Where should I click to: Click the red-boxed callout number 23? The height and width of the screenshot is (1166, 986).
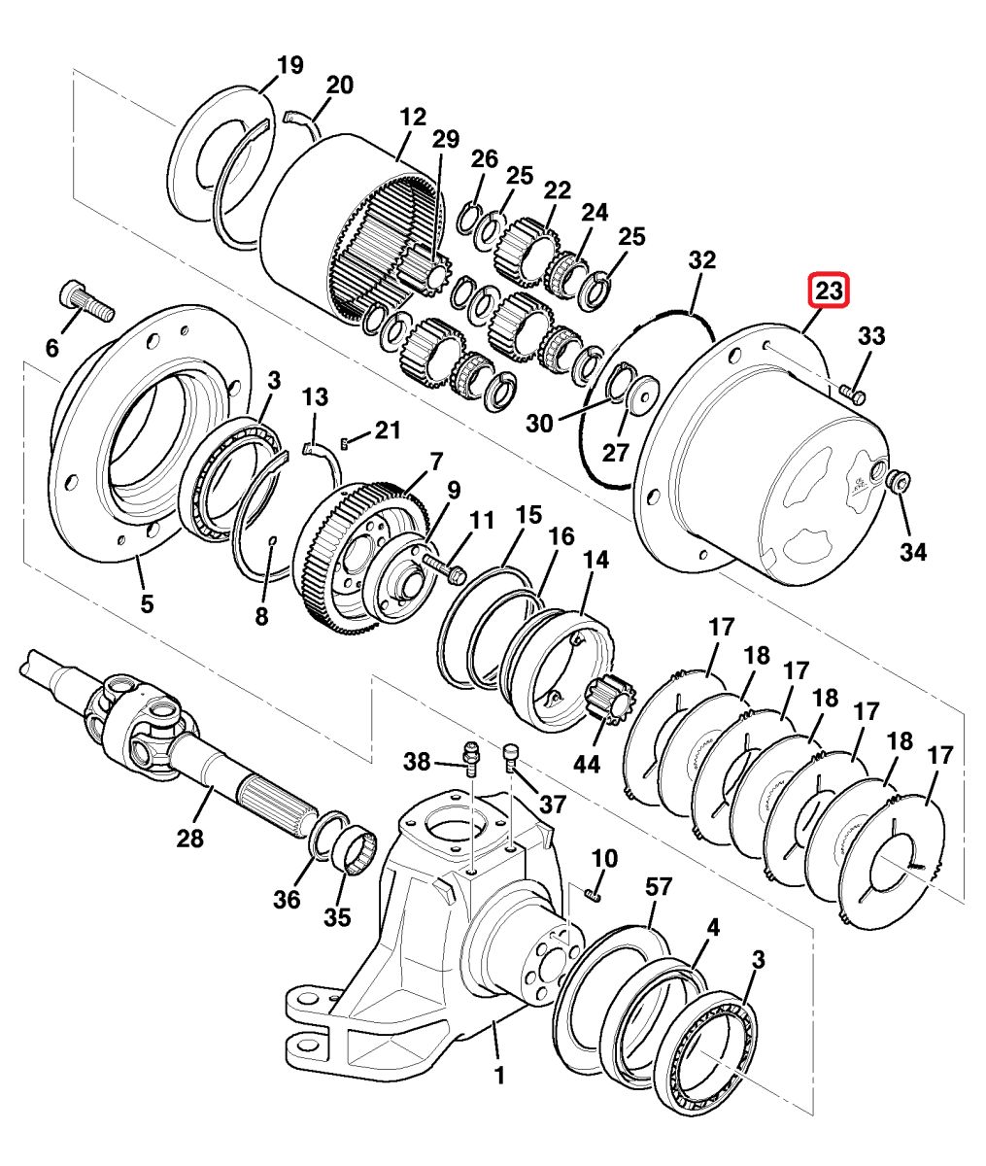[829, 291]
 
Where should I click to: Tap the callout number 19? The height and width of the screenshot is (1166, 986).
[289, 65]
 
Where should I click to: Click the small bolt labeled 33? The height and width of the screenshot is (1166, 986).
[852, 394]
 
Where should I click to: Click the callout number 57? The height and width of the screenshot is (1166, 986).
[659, 887]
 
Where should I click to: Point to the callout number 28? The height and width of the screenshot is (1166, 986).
[189, 839]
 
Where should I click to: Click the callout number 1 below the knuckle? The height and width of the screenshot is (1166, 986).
[498, 1076]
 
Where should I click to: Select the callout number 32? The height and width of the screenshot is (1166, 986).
[701, 260]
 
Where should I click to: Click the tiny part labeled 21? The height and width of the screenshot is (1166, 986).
[345, 444]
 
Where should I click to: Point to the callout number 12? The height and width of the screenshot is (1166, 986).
[413, 118]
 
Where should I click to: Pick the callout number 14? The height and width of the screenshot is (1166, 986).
[596, 560]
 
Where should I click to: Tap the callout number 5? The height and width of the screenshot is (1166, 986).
[147, 603]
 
